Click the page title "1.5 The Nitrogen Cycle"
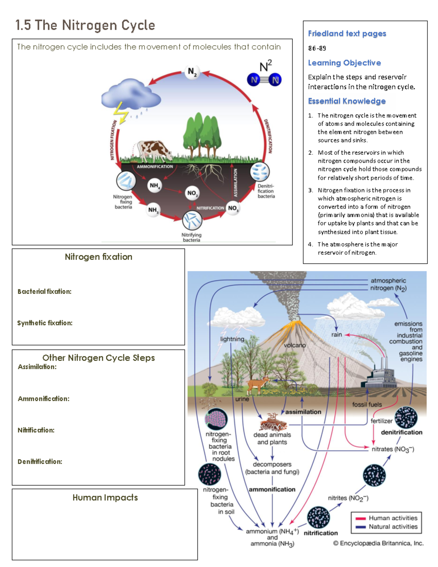point(85,25)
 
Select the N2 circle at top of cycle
point(192,72)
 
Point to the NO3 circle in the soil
point(233,208)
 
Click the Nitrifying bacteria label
point(191,237)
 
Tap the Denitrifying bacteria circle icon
point(260,172)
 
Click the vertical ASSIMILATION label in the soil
point(235,183)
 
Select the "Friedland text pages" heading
point(347,34)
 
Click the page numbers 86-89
point(317,48)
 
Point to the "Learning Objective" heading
point(344,63)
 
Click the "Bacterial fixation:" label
point(44,291)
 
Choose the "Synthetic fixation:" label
point(45,323)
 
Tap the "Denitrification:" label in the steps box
point(40,461)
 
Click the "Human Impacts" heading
point(105,498)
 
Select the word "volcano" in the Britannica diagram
point(295,345)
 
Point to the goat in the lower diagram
point(258,385)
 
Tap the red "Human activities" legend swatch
point(361,518)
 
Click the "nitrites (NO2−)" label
point(348,498)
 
